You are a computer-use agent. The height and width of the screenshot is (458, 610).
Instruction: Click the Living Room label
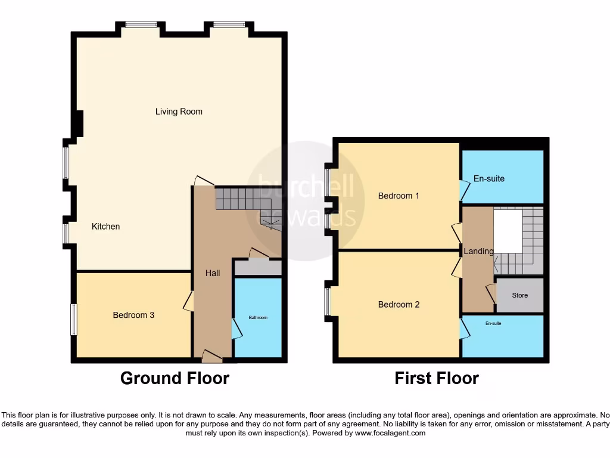[179, 112]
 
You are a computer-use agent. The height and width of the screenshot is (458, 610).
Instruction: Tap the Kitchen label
[105, 227]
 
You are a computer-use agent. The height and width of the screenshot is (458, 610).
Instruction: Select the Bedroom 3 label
[133, 315]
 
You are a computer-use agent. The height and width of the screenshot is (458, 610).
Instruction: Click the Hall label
[213, 273]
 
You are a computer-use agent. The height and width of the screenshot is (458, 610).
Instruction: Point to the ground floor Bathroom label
[258, 318]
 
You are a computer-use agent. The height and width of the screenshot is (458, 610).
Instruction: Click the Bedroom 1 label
[399, 196]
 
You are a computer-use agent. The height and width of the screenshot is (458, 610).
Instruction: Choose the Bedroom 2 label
[399, 305]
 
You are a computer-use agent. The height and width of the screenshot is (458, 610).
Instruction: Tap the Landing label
[479, 252]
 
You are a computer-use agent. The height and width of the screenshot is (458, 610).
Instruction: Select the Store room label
[519, 295]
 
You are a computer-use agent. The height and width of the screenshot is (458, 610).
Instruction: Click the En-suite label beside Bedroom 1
[488, 178]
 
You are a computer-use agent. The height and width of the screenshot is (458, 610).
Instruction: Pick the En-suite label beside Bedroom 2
[493, 323]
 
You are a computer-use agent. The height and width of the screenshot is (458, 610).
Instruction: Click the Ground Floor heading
[175, 378]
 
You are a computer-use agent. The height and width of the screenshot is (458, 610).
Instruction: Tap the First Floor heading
[437, 378]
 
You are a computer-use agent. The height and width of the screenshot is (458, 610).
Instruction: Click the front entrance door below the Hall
[211, 357]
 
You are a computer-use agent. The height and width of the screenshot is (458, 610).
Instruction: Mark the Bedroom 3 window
[74, 320]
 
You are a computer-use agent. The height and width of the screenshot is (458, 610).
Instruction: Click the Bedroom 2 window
[328, 302]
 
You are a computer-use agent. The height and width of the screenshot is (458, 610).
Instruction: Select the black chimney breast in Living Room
[77, 123]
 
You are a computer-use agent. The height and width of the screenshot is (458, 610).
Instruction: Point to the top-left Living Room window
[141, 24]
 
